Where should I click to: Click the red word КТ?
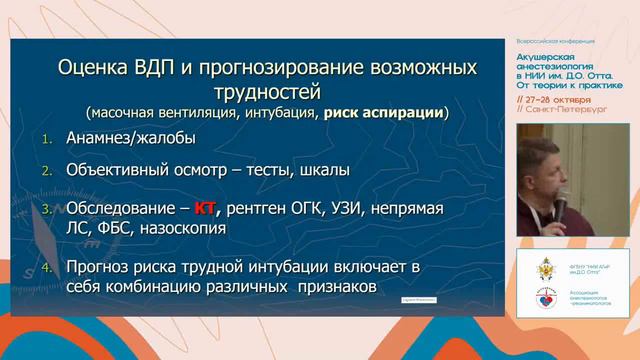(204, 208)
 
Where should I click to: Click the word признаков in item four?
(341, 287)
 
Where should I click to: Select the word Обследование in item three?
(118, 208)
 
